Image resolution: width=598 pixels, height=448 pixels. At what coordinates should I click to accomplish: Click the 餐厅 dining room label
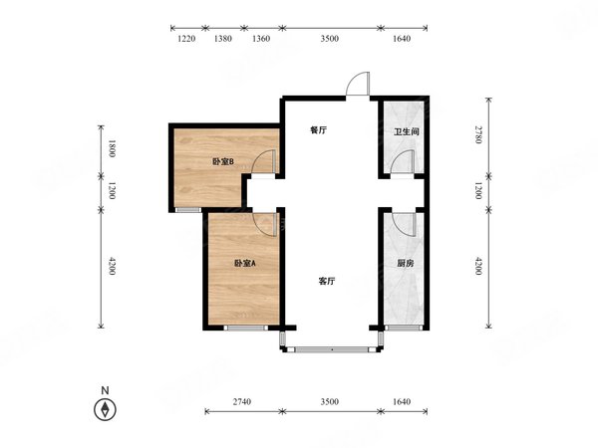[x=318, y=130]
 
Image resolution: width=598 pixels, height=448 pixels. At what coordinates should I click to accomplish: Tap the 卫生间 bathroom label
[x=407, y=131]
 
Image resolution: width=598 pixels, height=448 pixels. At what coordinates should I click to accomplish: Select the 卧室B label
[x=223, y=162]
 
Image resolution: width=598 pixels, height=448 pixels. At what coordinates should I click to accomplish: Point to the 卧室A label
[x=245, y=263]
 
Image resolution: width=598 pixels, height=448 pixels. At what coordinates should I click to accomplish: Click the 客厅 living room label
[x=327, y=281]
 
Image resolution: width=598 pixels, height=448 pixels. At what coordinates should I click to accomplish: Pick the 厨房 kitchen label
[x=405, y=263]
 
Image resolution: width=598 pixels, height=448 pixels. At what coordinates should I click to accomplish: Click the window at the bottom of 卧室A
[x=245, y=328]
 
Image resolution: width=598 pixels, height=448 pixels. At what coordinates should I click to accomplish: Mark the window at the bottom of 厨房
[x=404, y=328]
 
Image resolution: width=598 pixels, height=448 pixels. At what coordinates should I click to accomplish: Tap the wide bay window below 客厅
[x=332, y=349]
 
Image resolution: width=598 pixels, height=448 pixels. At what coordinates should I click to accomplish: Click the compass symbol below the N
[x=105, y=410]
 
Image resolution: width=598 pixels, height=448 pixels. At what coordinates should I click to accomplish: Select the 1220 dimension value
[x=187, y=39]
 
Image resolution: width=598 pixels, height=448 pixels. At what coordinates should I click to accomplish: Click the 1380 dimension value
[x=222, y=39]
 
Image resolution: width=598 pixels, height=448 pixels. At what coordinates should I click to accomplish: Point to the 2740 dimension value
[x=242, y=401]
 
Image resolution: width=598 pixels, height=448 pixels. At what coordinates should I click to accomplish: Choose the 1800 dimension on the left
[x=112, y=148]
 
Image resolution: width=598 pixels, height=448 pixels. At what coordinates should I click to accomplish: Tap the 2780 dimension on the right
[x=479, y=134]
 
